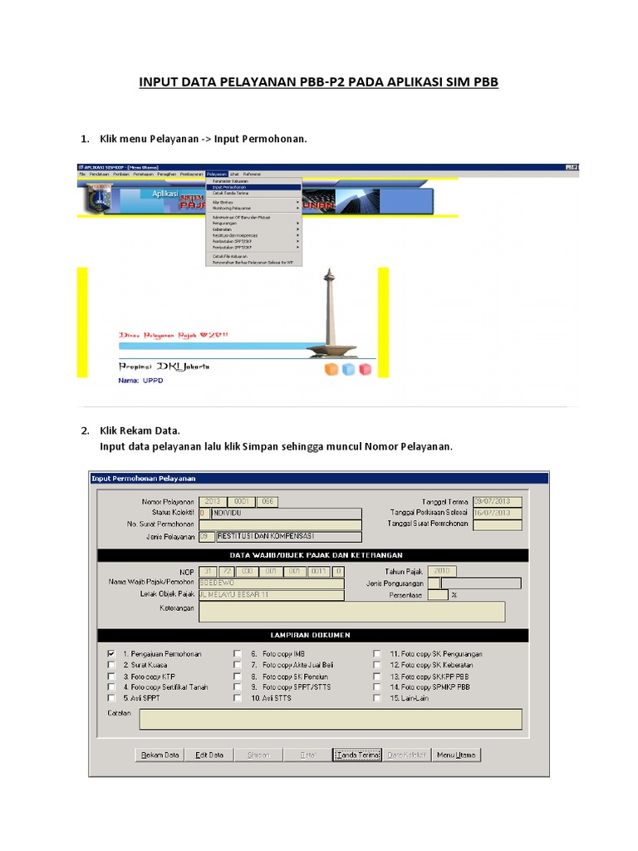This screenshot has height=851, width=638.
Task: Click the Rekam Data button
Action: [x=160, y=755]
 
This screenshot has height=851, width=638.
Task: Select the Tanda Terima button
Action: [x=357, y=755]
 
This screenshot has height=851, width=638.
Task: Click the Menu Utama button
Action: [x=456, y=755]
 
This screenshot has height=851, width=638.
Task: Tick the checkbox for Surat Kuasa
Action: [x=111, y=665]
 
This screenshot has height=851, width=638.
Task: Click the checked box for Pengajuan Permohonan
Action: [x=111, y=654]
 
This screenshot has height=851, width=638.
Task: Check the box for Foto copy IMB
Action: [x=238, y=654]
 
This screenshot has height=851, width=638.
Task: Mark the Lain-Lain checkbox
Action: [x=377, y=698]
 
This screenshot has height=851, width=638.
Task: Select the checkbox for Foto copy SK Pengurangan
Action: [x=377, y=654]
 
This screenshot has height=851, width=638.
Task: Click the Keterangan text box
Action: [x=351, y=612]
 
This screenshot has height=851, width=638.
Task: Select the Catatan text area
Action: [x=330, y=719]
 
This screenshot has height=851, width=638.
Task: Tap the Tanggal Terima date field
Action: [x=497, y=501]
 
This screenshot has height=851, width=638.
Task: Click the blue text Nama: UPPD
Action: [x=142, y=382]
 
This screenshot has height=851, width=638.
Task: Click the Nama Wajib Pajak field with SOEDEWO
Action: [x=270, y=583]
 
